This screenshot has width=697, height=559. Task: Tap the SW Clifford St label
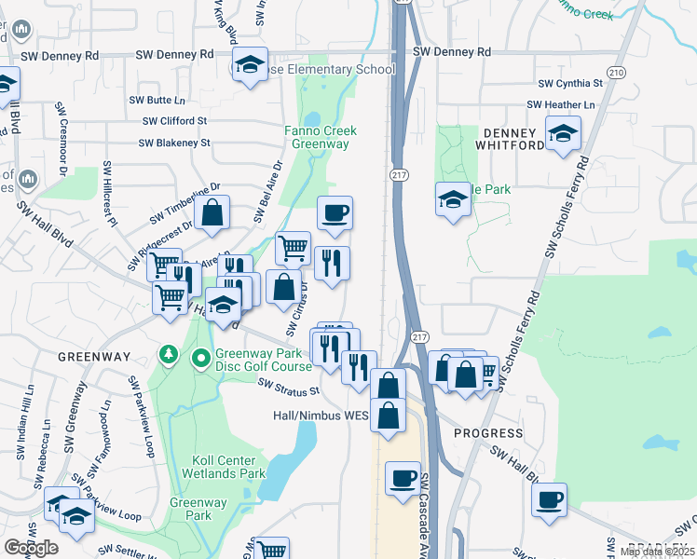pos(174,121)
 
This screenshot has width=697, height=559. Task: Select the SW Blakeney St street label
pos(174,143)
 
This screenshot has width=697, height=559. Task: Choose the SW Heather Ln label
pos(560,105)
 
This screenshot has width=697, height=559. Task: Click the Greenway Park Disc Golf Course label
pos(264,360)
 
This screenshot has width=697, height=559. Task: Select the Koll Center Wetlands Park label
pos(229,467)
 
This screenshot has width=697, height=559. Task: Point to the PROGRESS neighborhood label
pos(488,433)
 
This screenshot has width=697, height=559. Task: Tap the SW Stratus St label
pos(289,385)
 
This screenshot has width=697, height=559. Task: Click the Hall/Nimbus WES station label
pos(321,416)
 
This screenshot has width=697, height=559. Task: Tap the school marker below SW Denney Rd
pos(250,64)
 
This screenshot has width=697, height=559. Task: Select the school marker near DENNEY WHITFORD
pos(563,133)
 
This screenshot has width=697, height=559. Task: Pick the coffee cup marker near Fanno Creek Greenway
pos(335,213)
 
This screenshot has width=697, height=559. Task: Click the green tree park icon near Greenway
pos(169,355)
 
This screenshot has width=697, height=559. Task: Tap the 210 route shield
pos(615,73)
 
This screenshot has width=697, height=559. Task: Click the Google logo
pos(32,547)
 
